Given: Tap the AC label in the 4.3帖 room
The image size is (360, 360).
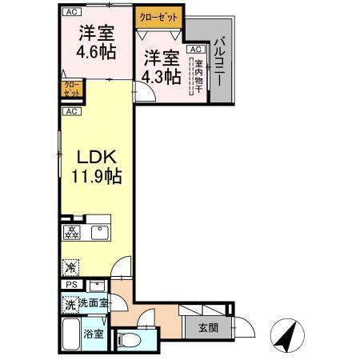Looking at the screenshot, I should pyautogui.click(x=194, y=49).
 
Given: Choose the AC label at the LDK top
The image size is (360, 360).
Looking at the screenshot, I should pyautogui.click(x=71, y=110).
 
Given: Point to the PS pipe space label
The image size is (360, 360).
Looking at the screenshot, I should pyautogui.click(x=70, y=285).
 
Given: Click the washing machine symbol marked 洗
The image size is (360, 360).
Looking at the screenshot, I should pyautogui.click(x=70, y=304).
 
